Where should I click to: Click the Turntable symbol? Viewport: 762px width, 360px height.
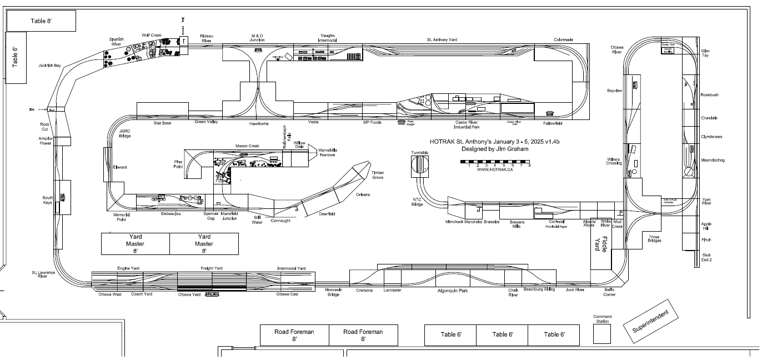click(x=420, y=166)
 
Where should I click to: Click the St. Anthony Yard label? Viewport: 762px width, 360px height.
click(x=442, y=40)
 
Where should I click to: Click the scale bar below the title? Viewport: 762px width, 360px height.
click(x=495, y=162)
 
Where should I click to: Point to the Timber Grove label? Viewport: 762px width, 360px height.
click(x=377, y=175)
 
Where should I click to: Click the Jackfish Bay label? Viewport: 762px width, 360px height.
click(x=49, y=66)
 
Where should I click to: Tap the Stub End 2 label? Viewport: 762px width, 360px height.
click(x=706, y=257)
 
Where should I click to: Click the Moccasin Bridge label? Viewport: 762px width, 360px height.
click(x=333, y=292)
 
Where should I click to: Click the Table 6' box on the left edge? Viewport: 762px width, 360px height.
click(x=16, y=57)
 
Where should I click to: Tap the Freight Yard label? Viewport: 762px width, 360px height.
click(x=211, y=268)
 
